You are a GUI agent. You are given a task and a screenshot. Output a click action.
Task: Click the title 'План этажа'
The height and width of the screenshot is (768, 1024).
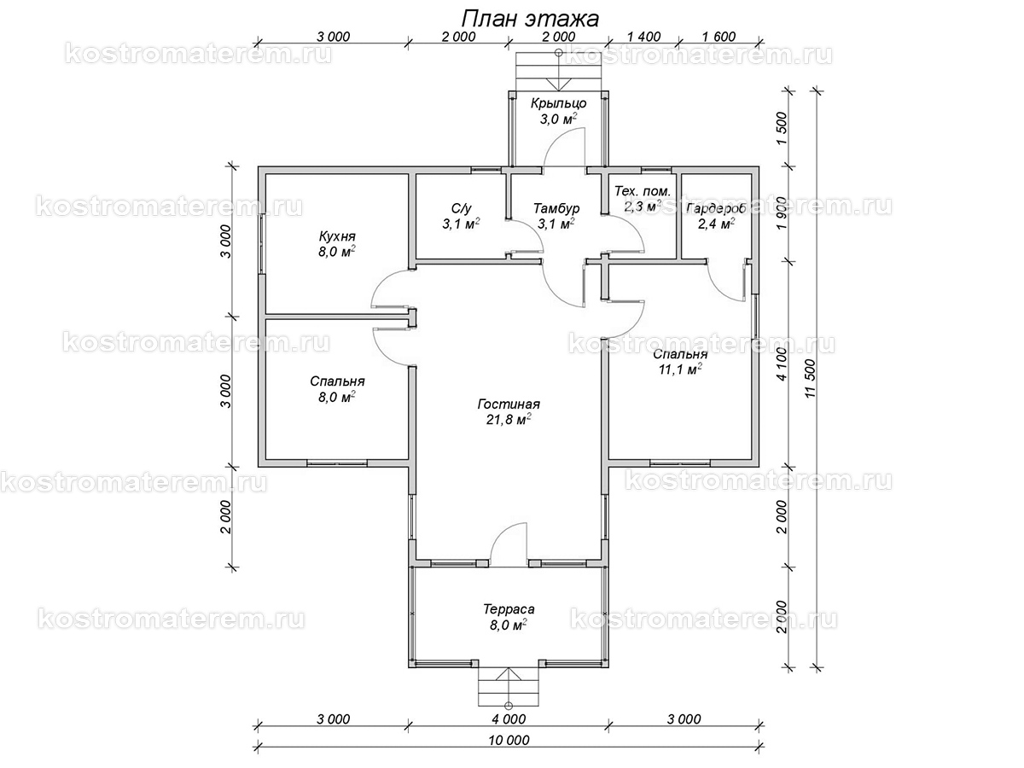coord(530,18)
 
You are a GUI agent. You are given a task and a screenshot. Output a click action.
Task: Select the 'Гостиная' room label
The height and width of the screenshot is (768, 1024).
coord(510,404)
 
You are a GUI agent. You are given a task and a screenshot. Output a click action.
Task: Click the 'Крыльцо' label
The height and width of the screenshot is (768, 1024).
coord(558,103)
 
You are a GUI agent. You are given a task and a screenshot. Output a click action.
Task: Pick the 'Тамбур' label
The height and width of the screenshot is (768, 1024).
coord(556,208)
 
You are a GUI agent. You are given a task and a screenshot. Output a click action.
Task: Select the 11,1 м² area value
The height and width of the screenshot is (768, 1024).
coord(680,369)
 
